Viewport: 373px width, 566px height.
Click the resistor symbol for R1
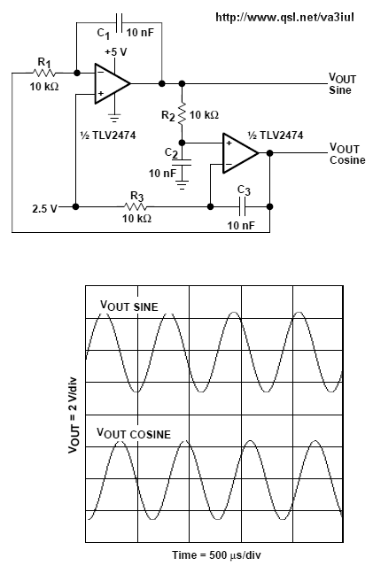(x=44, y=73)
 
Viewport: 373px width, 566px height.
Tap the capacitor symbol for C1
(x=119, y=22)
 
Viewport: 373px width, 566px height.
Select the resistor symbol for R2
(x=182, y=114)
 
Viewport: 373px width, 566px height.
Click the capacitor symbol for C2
(x=182, y=162)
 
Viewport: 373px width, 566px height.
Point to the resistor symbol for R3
(x=135, y=207)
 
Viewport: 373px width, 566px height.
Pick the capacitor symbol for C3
(x=243, y=207)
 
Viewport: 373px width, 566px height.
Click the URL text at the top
(x=284, y=17)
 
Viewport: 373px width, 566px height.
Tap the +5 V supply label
(x=116, y=52)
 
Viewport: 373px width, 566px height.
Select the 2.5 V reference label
(x=44, y=209)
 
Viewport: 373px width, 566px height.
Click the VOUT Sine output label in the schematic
(x=342, y=84)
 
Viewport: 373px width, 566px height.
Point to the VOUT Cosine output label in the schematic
(x=347, y=154)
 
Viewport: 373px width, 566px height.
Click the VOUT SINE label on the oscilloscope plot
(x=128, y=306)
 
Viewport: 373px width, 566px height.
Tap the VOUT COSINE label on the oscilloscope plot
(x=134, y=433)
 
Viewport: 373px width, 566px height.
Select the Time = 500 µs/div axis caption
(x=216, y=554)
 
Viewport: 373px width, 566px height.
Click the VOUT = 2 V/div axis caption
(x=74, y=415)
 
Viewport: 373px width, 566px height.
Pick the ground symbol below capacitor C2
(x=182, y=185)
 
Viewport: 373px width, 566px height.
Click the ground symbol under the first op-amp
(x=114, y=118)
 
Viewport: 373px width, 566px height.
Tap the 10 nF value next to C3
(x=241, y=226)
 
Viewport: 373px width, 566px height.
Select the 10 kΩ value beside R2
(x=204, y=115)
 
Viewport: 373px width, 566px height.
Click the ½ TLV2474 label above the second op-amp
(x=276, y=135)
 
